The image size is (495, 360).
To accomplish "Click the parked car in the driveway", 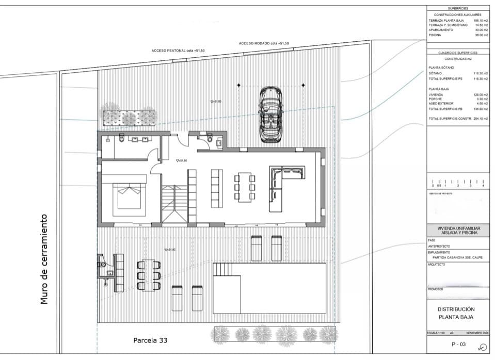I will (271, 114).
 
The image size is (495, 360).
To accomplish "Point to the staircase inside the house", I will (173, 204).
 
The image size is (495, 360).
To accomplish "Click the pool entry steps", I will (223, 269).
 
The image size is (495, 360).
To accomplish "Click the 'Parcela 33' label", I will (150, 340).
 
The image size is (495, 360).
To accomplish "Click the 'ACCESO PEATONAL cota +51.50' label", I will (178, 51).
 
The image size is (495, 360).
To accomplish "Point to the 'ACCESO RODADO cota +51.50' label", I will (264, 44).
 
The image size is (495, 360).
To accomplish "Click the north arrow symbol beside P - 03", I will (482, 347).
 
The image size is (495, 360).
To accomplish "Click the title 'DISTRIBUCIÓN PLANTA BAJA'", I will (456, 313).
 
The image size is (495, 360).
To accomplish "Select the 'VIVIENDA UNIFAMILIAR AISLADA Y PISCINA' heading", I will (457, 231).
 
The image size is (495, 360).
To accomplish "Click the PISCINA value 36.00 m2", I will (481, 35).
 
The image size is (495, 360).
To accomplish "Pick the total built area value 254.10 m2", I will (480, 119).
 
